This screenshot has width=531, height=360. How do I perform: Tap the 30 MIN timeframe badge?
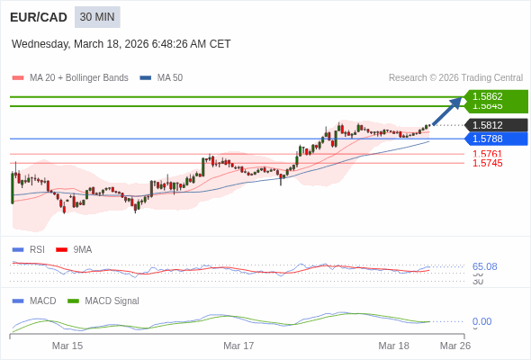coord(97,17)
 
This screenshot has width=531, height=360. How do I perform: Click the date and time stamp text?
coord(121,43)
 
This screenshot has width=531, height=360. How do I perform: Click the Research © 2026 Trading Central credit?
coord(455,77)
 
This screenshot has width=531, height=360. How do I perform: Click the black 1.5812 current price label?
coord(494,125)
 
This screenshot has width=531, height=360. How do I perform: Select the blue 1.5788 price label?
coord(494,139)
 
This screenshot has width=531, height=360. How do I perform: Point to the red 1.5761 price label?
coord(487,154)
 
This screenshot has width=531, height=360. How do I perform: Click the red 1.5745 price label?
coord(487,163)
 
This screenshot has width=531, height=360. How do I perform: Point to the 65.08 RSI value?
coord(484,266)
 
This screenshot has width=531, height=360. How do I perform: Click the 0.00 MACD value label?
coord(481,321)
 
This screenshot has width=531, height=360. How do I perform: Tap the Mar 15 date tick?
coord(67,346)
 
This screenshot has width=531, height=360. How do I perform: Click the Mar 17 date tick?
coord(238,346)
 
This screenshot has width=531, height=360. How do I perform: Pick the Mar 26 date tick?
coord(454,346)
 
